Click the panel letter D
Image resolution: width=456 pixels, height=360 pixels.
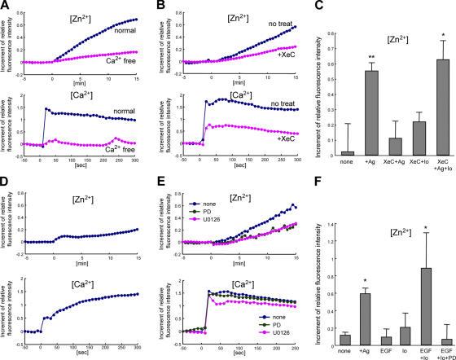pyautogui.click(x=6, y=190)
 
